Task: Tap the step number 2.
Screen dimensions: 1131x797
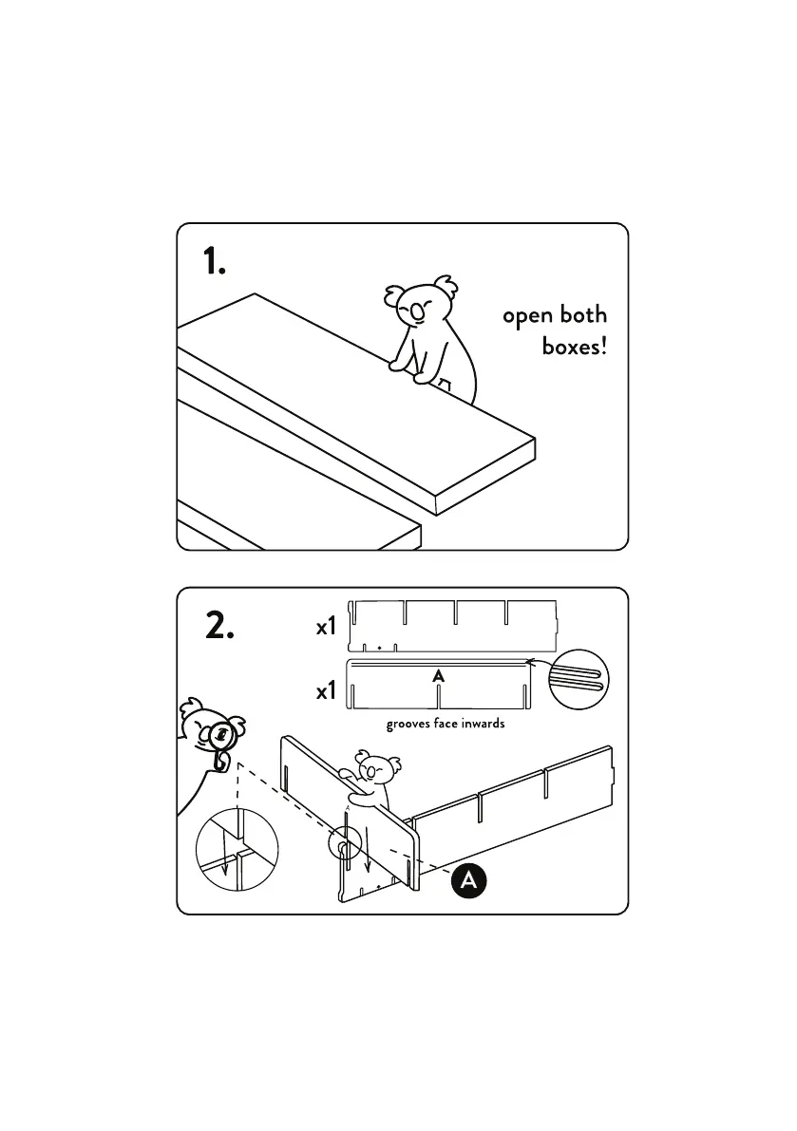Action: click(x=218, y=626)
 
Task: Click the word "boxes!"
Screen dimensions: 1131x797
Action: click(x=574, y=346)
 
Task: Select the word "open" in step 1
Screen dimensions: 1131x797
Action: click(x=527, y=316)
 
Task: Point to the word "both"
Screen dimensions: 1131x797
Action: click(x=582, y=314)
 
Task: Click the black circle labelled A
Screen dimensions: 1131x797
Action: click(x=468, y=879)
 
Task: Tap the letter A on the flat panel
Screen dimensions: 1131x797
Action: click(x=438, y=676)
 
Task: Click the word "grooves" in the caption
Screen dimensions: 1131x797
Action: click(x=408, y=725)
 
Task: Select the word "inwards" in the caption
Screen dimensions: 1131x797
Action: click(x=481, y=725)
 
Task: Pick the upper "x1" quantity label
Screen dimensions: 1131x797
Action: click(x=326, y=628)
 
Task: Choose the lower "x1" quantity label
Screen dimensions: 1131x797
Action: click(x=326, y=692)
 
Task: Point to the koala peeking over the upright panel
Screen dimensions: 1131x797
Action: click(x=373, y=773)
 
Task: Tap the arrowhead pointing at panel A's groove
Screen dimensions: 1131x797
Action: click(x=531, y=662)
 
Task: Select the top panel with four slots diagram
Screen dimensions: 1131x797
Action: click(x=451, y=624)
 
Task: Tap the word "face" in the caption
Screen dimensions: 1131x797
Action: click(x=444, y=725)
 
